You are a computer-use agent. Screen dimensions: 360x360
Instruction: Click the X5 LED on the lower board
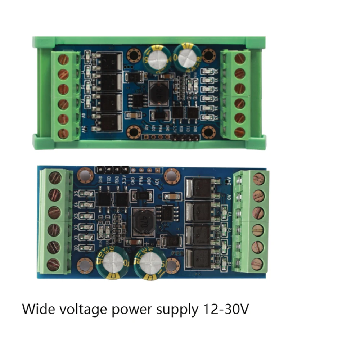click(87, 194)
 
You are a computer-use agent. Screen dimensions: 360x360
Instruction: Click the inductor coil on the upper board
click(157, 93)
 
